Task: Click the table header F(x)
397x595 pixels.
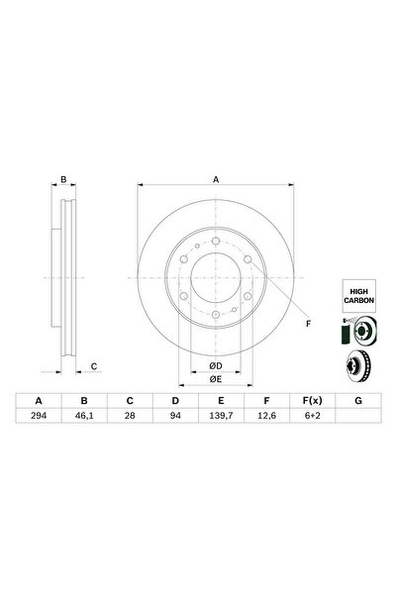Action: tap(310, 401)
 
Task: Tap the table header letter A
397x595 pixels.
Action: tap(39, 401)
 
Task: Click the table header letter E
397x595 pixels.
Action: tap(219, 401)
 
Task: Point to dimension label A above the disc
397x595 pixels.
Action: tap(216, 178)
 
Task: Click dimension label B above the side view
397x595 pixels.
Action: tap(63, 179)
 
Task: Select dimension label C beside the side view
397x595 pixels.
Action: tap(93, 366)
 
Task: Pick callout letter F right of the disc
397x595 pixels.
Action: tap(307, 324)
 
